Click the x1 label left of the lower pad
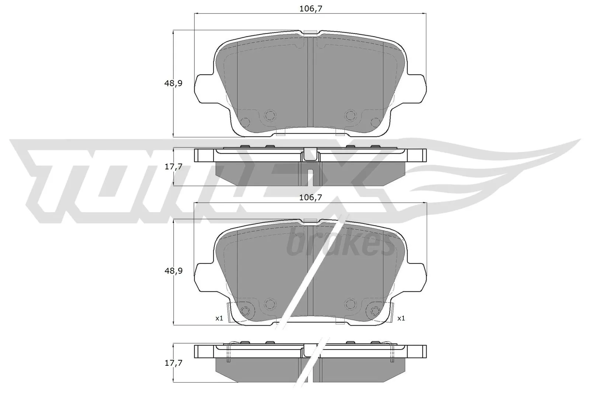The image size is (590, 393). pos(219,318)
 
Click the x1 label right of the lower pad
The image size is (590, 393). pos(401,318)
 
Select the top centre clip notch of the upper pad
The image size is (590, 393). pos(310,33)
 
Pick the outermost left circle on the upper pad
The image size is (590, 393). pos(244,122)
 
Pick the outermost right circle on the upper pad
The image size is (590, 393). pos(375,122)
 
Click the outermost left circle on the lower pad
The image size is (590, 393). pos(244,310)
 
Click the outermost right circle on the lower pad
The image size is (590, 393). pos(375,310)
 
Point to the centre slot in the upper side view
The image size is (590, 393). pos(310,176)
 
